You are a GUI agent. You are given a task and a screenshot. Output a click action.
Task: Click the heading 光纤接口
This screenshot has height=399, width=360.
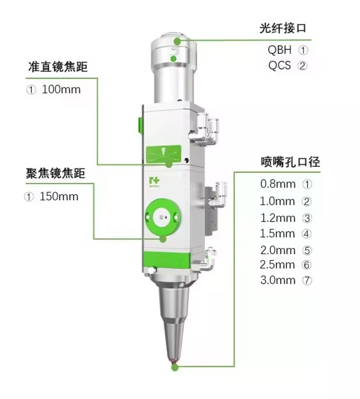283,28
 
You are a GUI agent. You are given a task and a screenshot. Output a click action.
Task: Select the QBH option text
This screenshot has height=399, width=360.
279,49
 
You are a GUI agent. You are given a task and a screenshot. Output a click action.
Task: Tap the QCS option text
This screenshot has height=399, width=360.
279,65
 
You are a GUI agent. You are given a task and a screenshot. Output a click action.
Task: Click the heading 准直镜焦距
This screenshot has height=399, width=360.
58,67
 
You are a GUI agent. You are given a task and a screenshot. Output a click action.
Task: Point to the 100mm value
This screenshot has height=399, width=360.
61,90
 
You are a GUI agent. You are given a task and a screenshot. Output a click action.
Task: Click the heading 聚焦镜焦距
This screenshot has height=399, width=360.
55,173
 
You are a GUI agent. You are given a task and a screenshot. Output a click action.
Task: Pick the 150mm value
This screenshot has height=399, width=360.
59,197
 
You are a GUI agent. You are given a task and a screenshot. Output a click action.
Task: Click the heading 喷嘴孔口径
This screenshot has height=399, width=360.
290,162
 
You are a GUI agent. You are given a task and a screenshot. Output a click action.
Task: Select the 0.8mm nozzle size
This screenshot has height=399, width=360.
278,184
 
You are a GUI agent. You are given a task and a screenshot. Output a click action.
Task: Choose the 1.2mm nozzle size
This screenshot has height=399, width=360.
278,218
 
